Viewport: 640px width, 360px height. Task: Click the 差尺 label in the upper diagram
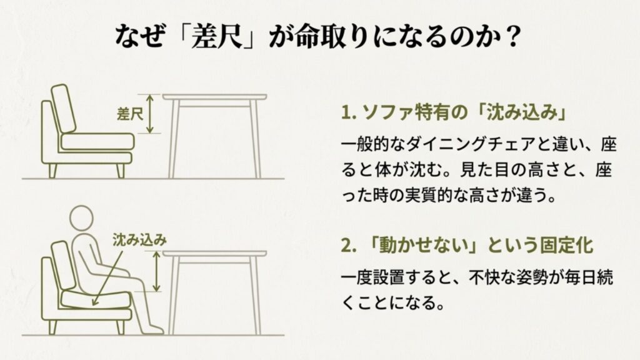tap(129, 114)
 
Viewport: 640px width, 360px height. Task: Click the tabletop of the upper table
tap(214, 97)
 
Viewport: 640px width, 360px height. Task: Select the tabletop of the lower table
tap(214, 254)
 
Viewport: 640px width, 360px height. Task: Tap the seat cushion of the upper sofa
tap(97, 141)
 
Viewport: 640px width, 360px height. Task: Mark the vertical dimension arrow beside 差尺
tap(149, 114)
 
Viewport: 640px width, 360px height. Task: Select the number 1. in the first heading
tap(348, 113)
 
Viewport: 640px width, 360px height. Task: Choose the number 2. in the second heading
tap(348, 245)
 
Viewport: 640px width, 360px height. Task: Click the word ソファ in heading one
tap(389, 113)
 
